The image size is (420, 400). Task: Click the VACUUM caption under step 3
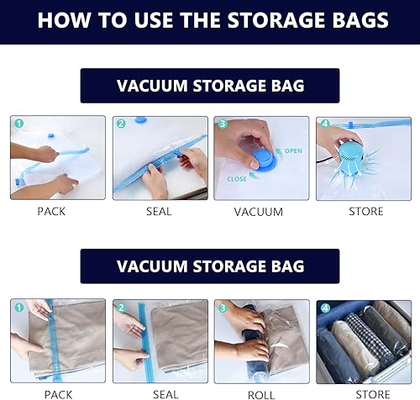click(x=260, y=212)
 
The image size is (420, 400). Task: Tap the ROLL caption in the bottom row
click(x=260, y=393)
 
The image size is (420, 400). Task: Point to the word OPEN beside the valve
click(x=292, y=151)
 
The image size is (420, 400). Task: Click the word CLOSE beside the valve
click(x=236, y=178)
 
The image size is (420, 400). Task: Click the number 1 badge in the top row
click(x=18, y=124)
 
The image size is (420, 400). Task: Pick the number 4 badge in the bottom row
click(x=323, y=307)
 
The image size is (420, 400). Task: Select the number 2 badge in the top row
click(x=121, y=124)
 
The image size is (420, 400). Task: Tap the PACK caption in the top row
click(x=51, y=212)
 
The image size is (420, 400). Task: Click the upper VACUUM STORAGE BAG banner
click(x=210, y=87)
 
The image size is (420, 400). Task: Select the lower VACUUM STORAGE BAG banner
click(x=210, y=266)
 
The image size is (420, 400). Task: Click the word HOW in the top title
click(x=63, y=20)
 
